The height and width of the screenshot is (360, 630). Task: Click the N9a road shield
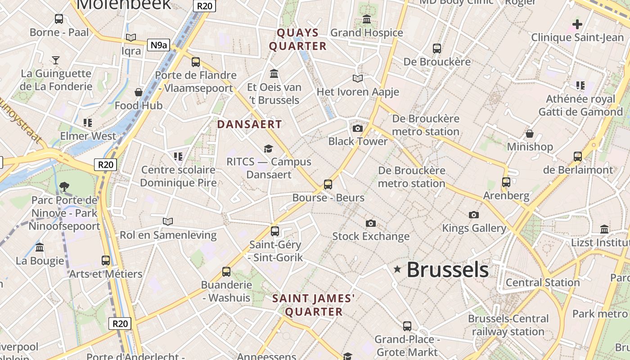(159, 45)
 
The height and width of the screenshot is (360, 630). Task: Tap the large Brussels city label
(448, 270)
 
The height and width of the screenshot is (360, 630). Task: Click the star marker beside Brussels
(397, 269)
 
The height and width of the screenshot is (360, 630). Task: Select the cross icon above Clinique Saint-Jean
(577, 24)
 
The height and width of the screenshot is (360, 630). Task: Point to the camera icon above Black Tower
(358, 128)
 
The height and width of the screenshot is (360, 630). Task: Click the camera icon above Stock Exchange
(370, 223)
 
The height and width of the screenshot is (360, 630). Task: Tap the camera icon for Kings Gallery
(473, 215)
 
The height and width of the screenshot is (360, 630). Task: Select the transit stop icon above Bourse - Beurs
(328, 184)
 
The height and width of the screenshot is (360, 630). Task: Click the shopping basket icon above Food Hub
(139, 92)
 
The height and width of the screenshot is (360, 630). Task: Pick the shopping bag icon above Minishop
(530, 134)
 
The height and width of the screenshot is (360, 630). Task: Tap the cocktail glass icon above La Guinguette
(56, 60)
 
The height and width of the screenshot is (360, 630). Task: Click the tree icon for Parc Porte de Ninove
(64, 187)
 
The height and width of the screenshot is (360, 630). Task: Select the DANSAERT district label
(249, 124)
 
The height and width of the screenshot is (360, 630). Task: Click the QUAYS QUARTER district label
(297, 39)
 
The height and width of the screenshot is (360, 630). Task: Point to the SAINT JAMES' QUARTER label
(314, 305)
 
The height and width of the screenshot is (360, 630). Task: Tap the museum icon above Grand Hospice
(367, 19)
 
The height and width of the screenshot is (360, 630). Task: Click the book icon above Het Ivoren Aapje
(358, 79)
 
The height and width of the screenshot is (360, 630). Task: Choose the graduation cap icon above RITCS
(269, 148)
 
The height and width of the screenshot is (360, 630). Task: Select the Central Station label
(543, 283)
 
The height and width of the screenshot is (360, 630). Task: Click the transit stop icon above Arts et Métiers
(106, 260)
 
